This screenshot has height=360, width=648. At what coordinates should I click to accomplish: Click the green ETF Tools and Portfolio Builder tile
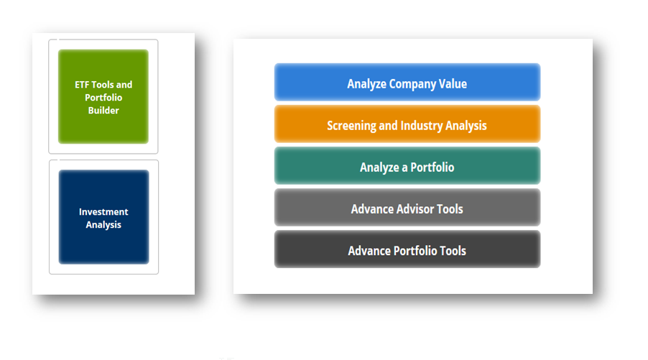pyautogui.click(x=103, y=97)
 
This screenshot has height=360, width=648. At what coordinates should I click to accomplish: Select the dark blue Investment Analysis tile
pyautogui.click(x=103, y=217)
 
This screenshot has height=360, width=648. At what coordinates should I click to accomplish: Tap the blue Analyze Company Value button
pyautogui.click(x=407, y=82)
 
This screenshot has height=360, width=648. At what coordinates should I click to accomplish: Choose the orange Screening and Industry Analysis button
pyautogui.click(x=407, y=124)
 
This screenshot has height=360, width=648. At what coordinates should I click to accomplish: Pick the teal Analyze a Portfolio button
pyautogui.click(x=407, y=166)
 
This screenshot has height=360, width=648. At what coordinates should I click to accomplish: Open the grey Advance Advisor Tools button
pyautogui.click(x=407, y=208)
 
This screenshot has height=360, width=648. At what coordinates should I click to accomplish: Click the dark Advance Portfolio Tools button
pyautogui.click(x=407, y=249)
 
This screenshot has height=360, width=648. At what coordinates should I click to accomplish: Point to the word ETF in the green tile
pyautogui.click(x=82, y=85)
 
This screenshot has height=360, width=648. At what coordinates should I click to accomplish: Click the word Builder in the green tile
pyautogui.click(x=103, y=111)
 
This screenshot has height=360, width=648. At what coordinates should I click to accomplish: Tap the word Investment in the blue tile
pyautogui.click(x=103, y=212)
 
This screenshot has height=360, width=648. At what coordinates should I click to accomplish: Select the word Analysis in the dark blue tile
pyautogui.click(x=103, y=225)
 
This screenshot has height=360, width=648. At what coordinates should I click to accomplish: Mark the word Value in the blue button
pyautogui.click(x=453, y=83)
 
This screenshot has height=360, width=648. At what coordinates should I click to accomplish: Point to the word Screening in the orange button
pyautogui.click(x=352, y=126)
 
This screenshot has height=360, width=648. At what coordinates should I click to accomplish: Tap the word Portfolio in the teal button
pyautogui.click(x=432, y=167)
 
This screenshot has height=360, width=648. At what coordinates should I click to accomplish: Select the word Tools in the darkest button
pyautogui.click(x=453, y=251)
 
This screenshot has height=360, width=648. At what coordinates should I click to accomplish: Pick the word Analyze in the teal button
pyautogui.click(x=380, y=167)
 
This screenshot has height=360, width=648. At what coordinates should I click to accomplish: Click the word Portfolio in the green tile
pyautogui.click(x=103, y=98)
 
